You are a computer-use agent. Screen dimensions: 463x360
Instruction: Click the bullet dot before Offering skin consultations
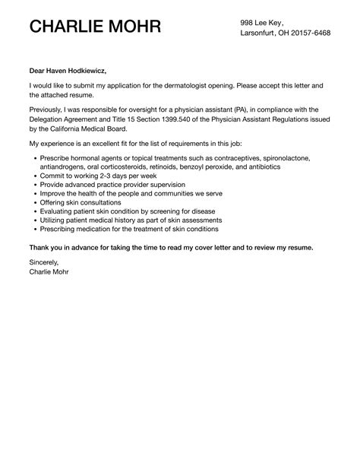click(x=33, y=204)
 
